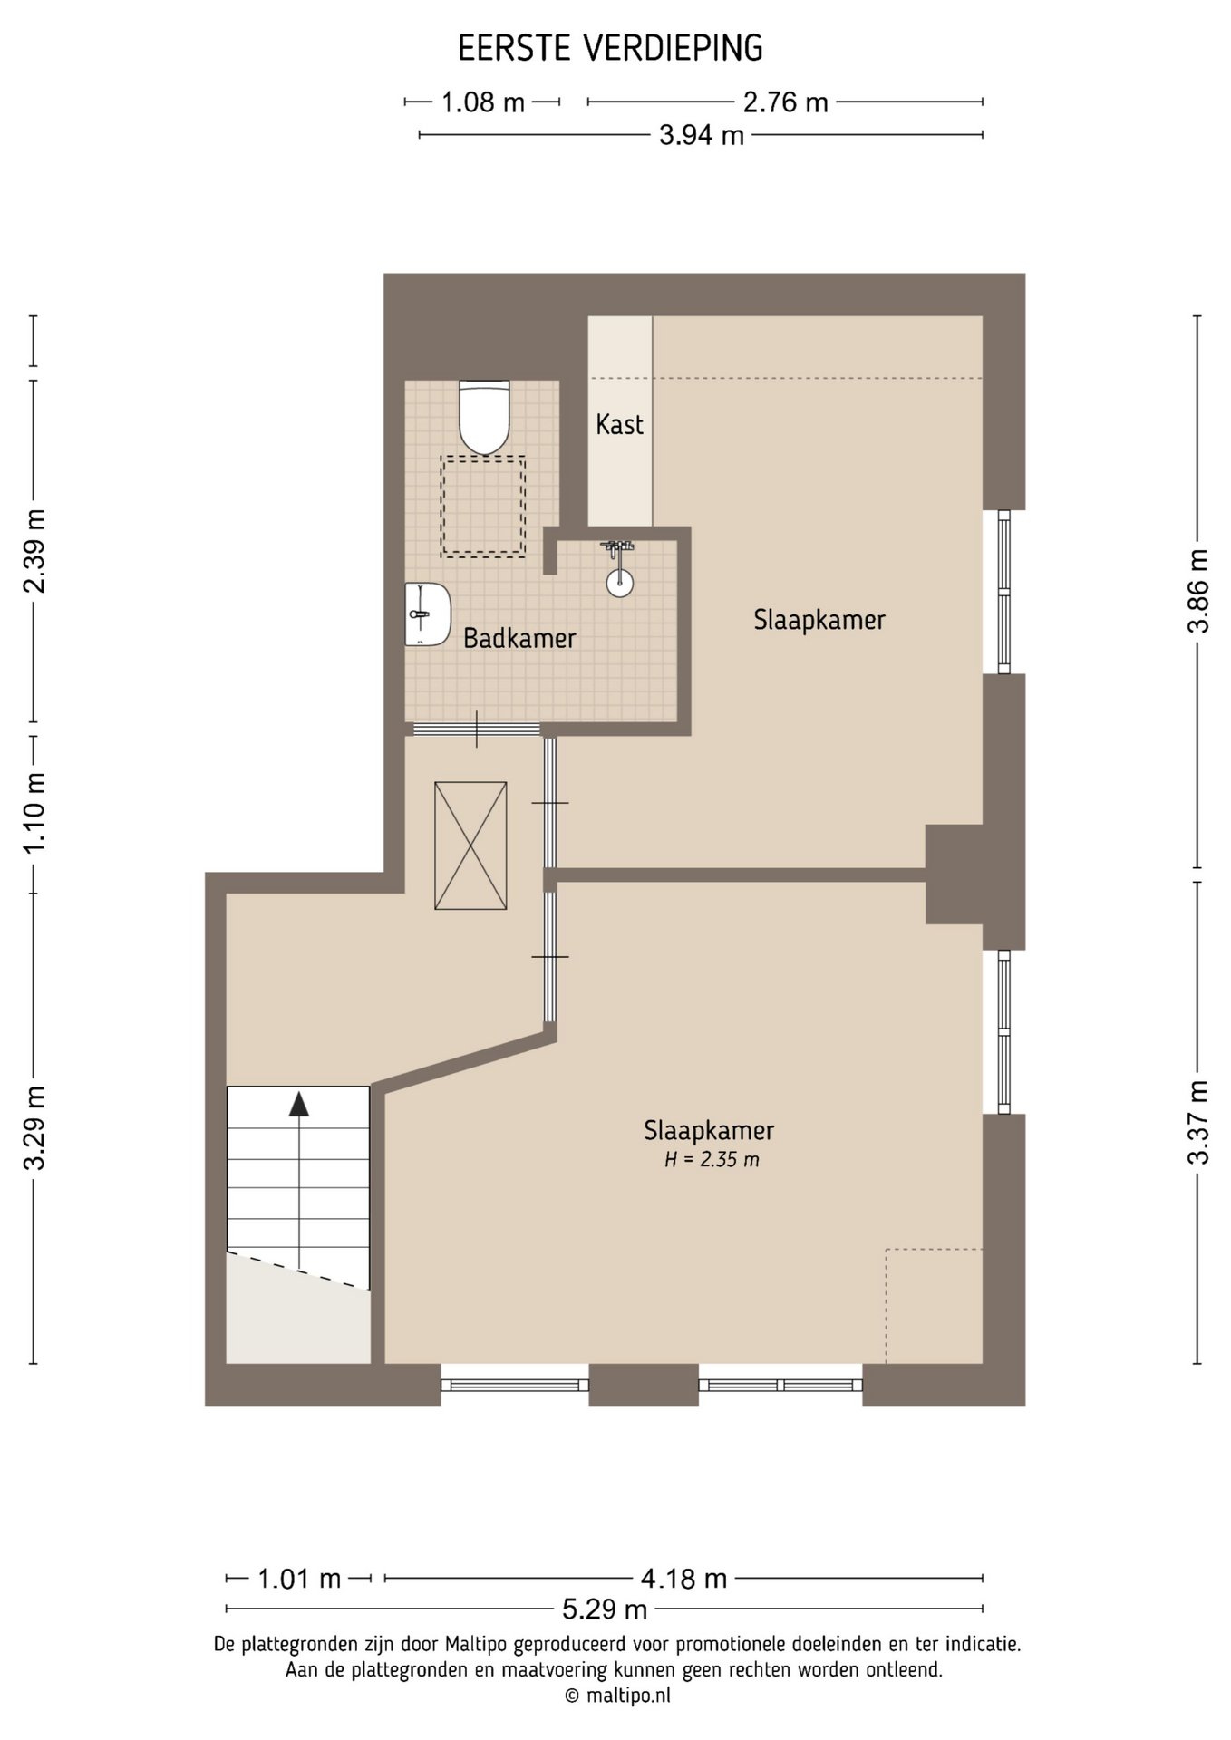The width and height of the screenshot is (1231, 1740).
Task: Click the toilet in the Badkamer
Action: [x=486, y=417]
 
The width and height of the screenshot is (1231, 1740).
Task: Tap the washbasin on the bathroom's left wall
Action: [x=428, y=614]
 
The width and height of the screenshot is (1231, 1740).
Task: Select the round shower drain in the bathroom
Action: [x=619, y=584]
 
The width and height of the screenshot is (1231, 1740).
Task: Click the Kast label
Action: [x=620, y=424]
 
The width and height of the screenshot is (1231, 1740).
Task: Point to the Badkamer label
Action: [x=519, y=638]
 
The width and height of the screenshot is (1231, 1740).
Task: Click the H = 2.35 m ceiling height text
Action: [x=712, y=1159]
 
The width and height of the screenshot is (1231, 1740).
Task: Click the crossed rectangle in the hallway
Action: [x=470, y=846]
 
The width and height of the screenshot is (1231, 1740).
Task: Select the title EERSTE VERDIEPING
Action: [x=610, y=48]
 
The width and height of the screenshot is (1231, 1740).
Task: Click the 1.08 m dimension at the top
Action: [x=483, y=102]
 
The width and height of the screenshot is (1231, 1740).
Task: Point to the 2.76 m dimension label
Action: [x=786, y=102]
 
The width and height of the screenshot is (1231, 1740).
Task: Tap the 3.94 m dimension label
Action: [x=702, y=135]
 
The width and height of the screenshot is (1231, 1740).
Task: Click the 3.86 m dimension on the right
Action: [x=1198, y=591]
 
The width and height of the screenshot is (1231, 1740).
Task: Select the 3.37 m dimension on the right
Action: [x=1198, y=1122]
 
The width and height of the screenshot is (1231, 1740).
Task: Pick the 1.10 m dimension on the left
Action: [x=34, y=812]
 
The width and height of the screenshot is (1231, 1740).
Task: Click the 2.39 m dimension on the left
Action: [x=34, y=551]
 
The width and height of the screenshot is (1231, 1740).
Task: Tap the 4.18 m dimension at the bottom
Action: [x=684, y=1579]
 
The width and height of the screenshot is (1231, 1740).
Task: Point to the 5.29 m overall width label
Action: [x=606, y=1609]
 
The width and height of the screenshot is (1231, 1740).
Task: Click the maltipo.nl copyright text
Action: [x=617, y=1696]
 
